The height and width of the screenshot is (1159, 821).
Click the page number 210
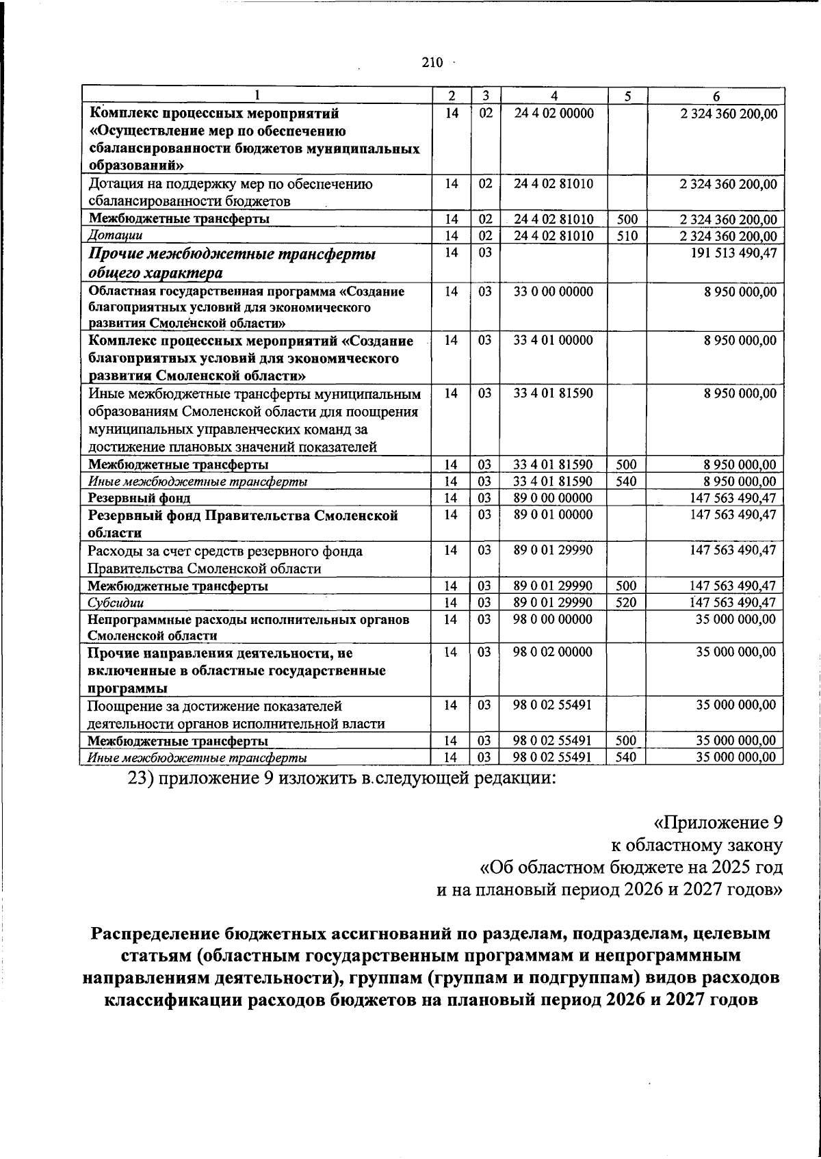click(432, 63)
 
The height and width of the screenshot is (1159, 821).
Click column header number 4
click(554, 96)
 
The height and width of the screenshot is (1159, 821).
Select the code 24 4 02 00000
click(554, 113)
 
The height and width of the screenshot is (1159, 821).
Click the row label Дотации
click(115, 236)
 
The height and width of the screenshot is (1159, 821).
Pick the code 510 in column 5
click(627, 236)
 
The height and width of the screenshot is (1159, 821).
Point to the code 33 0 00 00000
click(554, 291)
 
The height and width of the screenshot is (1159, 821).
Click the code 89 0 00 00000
click(554, 498)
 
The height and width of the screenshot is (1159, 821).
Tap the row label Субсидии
click(116, 603)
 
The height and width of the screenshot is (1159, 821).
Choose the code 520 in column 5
click(627, 603)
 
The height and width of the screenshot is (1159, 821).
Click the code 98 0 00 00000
click(554, 619)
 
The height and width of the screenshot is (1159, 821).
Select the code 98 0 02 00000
click(554, 652)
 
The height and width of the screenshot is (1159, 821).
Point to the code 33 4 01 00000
click(554, 340)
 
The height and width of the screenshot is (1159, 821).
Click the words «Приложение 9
click(718, 822)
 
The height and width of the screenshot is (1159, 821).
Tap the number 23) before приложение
click(141, 779)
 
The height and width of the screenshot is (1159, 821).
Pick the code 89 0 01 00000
click(554, 515)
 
